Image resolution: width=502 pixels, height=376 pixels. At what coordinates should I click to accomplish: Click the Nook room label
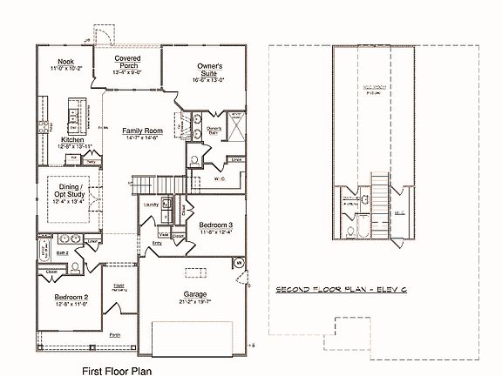point(66,62)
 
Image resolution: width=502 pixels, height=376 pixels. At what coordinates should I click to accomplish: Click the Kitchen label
point(72,139)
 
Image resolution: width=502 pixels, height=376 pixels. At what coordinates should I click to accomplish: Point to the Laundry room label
point(151,205)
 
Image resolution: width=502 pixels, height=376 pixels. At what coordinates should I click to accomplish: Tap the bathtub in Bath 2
point(42,253)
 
